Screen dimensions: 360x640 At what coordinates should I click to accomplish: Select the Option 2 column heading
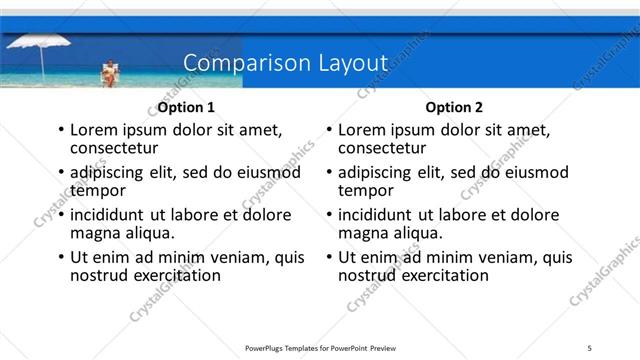(454, 107)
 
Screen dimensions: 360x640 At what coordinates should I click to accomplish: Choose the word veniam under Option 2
(501, 257)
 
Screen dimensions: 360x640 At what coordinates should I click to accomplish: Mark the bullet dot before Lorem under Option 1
(61, 130)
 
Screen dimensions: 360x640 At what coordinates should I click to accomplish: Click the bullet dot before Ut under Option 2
(329, 257)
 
